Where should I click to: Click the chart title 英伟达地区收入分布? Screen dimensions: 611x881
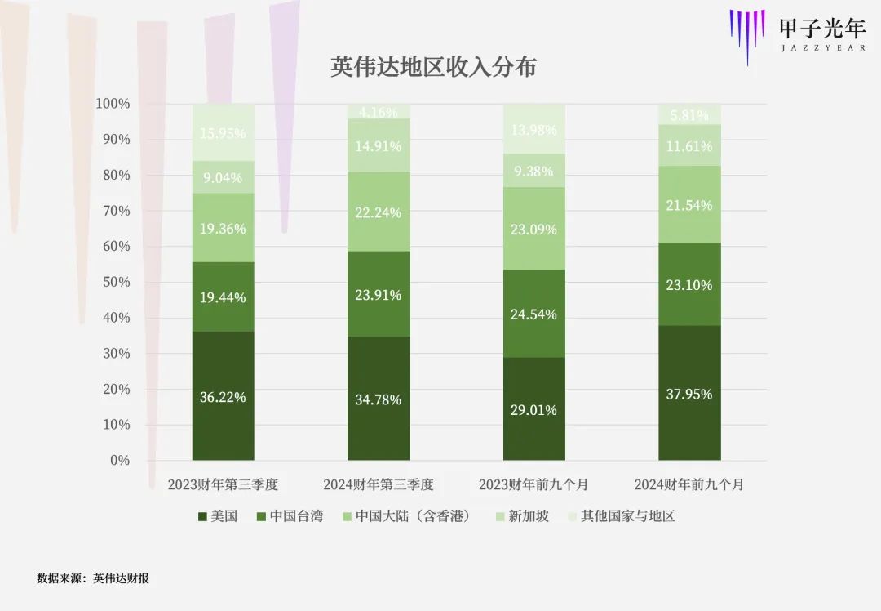coord(433,67)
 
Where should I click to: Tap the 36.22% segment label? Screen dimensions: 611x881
coord(223,398)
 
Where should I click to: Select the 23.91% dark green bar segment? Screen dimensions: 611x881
coord(379,295)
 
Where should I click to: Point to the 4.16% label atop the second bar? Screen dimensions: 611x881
coord(379,113)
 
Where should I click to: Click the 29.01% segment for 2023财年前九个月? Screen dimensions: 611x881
coord(533,409)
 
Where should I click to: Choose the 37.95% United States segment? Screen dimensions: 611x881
coord(689,394)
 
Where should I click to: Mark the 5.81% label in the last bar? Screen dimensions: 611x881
coord(689,116)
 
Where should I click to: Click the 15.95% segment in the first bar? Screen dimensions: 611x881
coord(223,133)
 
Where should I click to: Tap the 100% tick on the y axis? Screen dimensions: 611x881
coord(113,104)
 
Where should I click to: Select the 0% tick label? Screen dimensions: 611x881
coord(119,460)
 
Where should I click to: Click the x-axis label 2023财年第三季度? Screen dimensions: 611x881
coord(223,484)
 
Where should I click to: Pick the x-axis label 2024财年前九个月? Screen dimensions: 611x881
coord(689,484)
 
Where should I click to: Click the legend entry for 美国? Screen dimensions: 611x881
coord(218,516)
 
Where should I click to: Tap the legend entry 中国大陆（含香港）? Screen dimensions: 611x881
coord(405,516)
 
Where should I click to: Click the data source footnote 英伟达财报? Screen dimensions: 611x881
coord(121,578)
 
